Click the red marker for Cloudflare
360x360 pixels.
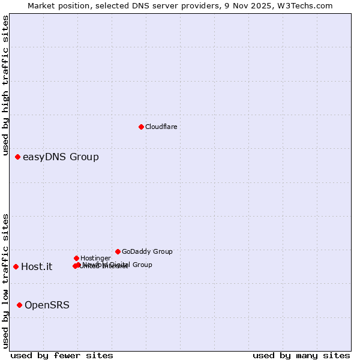(x=141, y=127)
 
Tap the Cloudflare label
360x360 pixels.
(x=161, y=127)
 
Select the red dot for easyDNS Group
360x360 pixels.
(x=17, y=157)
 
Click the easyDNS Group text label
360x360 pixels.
(x=61, y=157)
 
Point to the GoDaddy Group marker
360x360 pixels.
(x=118, y=251)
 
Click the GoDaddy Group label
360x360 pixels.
(x=147, y=251)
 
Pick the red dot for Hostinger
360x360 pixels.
(x=76, y=258)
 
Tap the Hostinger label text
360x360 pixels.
(x=95, y=258)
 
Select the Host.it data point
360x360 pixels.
(x=16, y=266)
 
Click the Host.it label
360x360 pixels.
(x=37, y=267)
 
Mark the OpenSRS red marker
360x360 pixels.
(x=19, y=305)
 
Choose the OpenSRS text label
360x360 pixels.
(x=47, y=305)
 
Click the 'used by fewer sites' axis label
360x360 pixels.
(x=62, y=355)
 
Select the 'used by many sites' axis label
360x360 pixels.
(x=301, y=355)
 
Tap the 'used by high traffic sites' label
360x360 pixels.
(x=6, y=86)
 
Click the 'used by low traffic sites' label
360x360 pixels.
(x=6, y=281)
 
